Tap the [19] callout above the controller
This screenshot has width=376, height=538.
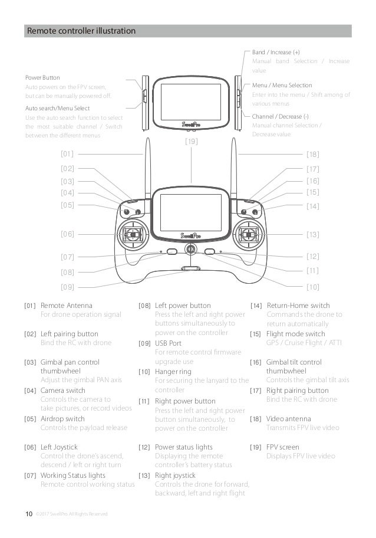pos(191,142)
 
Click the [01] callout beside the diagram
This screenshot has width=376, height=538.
pos(67,154)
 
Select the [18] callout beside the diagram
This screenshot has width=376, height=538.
pos(313,154)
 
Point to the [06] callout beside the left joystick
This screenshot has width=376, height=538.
pos(67,234)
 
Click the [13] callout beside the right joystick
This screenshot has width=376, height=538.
pos(313,234)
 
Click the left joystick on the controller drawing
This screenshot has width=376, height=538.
pos(134,235)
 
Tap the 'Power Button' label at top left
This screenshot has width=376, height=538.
pos(42,77)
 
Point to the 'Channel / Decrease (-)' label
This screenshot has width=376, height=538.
pos(280,116)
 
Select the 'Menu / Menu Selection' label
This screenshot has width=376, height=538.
pos(282,86)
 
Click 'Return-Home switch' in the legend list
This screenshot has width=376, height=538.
pos(298,306)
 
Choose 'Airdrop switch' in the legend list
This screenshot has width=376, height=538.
pos(62,419)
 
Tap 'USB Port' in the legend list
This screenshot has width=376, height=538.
pos(168,343)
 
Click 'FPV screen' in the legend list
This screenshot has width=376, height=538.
pos(282,447)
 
